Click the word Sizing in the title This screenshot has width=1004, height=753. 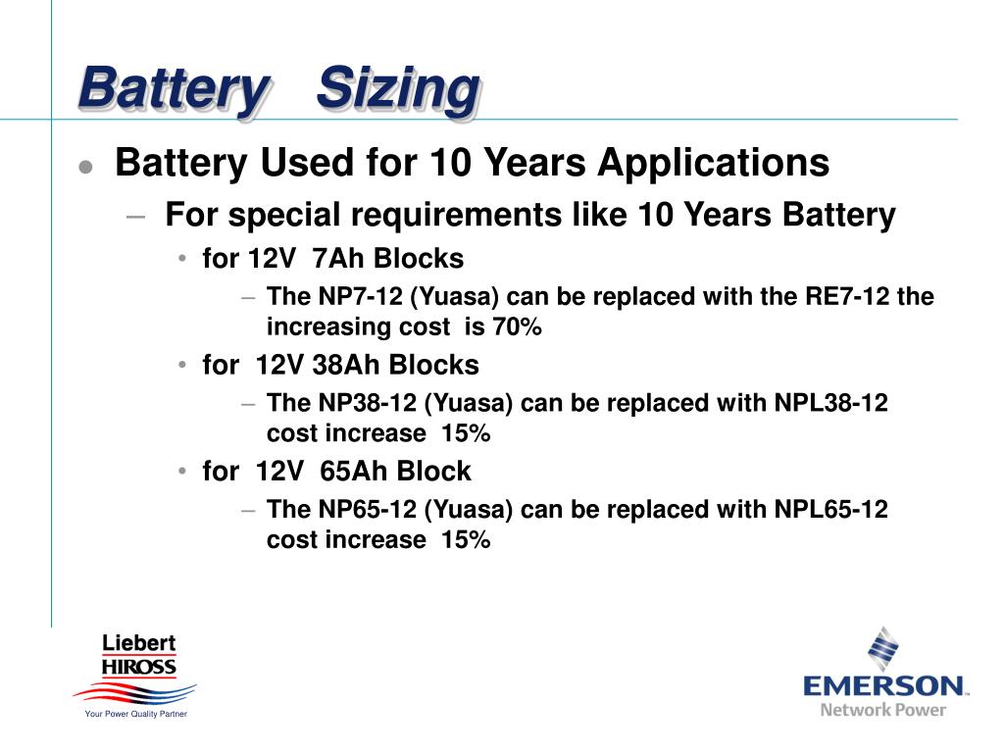(398, 90)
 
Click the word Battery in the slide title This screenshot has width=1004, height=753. (172, 90)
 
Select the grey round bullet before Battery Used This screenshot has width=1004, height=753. (86, 167)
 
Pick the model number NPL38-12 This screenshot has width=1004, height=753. (831, 403)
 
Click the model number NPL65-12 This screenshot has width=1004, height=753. (831, 509)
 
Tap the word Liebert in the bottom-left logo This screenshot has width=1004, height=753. (139, 643)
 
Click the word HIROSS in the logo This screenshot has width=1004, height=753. (139, 667)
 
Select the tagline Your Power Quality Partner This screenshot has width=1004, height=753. (136, 714)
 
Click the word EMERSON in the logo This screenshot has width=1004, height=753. (883, 684)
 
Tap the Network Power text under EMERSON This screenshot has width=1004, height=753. (883, 709)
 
